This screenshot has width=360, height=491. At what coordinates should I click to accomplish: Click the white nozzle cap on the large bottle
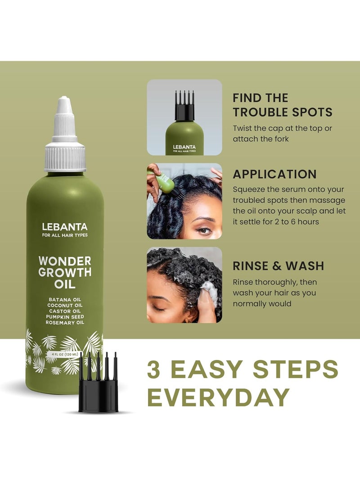click(64, 135)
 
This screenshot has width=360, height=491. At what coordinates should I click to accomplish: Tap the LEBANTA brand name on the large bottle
click(64, 227)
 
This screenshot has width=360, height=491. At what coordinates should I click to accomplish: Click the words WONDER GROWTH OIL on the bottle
click(64, 273)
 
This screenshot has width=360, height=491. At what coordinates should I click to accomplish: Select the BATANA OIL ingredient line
click(64, 299)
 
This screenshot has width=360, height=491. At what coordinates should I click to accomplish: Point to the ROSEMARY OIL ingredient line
click(64, 323)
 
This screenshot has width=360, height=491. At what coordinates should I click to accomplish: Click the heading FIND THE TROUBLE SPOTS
click(282, 105)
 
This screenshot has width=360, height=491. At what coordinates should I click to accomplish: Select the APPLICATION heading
click(274, 174)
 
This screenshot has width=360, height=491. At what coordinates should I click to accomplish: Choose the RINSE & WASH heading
click(278, 266)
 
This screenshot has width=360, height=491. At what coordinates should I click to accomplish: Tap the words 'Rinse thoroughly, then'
click(274, 282)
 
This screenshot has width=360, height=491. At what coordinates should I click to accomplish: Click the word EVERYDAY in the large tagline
click(218, 396)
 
